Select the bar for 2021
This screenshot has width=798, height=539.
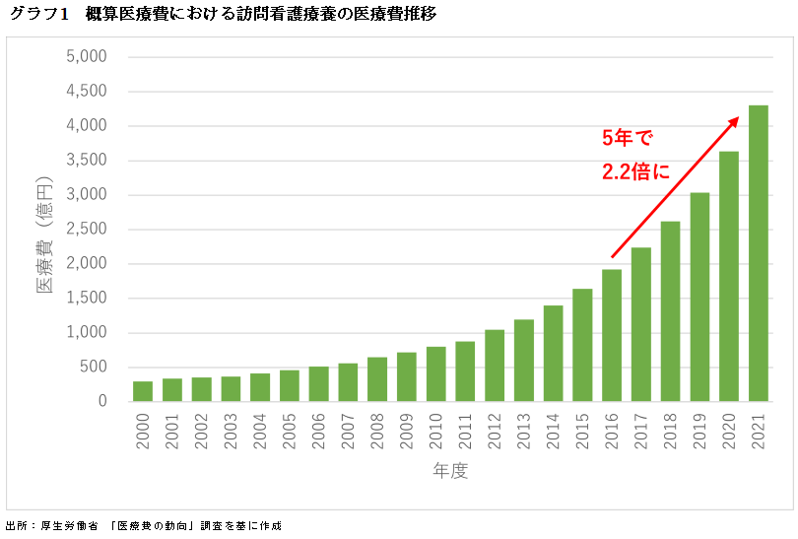click(x=759, y=253)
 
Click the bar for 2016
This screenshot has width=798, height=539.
click(x=612, y=335)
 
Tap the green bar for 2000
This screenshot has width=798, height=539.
click(x=143, y=391)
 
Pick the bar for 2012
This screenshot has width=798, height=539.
click(x=495, y=366)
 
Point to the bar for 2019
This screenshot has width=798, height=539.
click(x=699, y=297)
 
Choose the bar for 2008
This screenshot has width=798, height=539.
click(x=377, y=379)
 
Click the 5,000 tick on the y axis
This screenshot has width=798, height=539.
click(x=86, y=57)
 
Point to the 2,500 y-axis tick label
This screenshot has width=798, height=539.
click(x=86, y=230)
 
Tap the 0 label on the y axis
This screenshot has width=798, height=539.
click(x=101, y=402)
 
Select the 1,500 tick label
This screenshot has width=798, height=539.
click(x=86, y=299)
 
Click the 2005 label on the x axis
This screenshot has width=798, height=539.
click(x=290, y=431)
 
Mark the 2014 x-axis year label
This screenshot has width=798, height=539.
click(x=554, y=431)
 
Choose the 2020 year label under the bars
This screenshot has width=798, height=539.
click(x=729, y=431)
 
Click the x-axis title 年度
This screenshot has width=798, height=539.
click(x=450, y=471)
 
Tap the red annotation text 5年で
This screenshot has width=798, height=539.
click(x=628, y=138)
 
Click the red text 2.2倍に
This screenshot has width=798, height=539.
click(x=635, y=171)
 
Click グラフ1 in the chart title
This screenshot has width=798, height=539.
click(x=37, y=14)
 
